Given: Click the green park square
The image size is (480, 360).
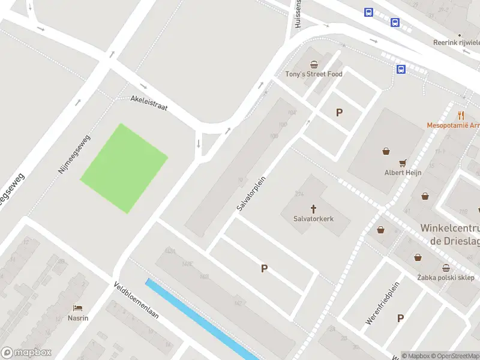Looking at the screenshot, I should (124, 168).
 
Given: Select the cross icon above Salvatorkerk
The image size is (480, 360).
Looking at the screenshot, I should (313, 209).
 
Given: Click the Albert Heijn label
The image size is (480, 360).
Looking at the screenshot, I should (403, 173).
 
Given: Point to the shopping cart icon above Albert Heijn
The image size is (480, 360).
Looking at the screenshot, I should (403, 162).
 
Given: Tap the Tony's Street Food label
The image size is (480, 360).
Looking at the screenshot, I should (313, 74).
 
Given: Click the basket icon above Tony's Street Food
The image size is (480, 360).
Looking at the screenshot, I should (313, 64).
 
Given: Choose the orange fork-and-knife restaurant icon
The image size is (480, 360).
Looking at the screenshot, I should (461, 116).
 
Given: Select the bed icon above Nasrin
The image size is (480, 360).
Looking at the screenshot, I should (78, 308).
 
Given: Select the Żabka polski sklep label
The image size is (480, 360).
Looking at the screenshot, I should (446, 278).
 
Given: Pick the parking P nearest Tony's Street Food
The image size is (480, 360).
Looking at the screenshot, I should (340, 112).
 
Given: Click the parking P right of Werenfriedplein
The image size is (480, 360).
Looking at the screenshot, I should (400, 319).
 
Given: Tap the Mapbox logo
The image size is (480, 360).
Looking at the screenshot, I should (26, 353).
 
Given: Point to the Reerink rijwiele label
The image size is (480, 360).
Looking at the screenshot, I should (457, 43).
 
